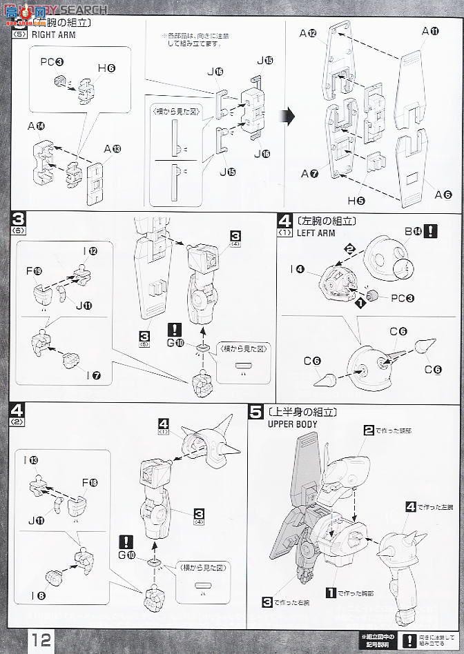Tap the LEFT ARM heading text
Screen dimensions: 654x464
click(x=316, y=233)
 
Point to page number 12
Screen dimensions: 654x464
click(x=40, y=638)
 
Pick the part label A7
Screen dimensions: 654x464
click(x=309, y=175)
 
